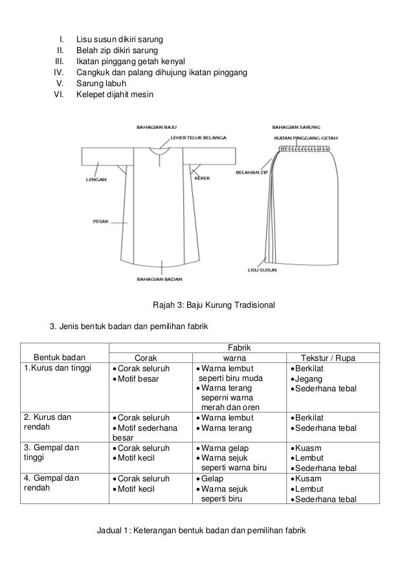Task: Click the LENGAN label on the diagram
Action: [x=97, y=180]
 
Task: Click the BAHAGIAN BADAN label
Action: [x=159, y=280]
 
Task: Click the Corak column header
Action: [x=146, y=358]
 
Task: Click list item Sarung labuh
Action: [x=100, y=84]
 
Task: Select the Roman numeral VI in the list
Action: [x=60, y=95]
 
